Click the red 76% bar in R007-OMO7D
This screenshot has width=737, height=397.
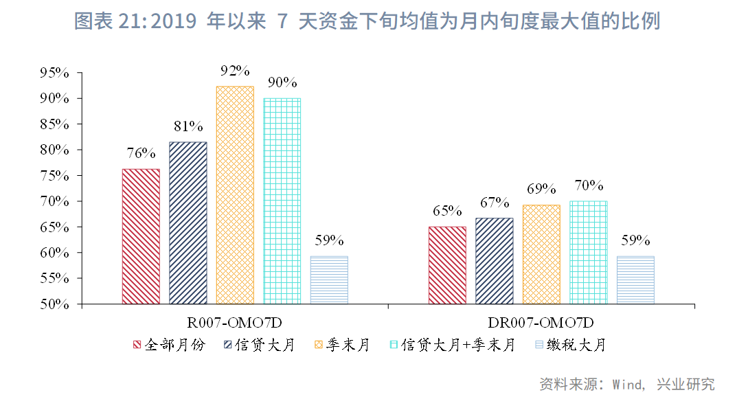pyautogui.click(x=141, y=236)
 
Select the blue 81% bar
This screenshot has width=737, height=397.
pyautogui.click(x=188, y=223)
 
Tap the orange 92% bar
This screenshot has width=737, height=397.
pyautogui.click(x=234, y=194)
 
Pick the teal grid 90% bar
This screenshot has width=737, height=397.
pyautogui.click(x=282, y=201)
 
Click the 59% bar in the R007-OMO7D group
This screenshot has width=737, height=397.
pyautogui.click(x=329, y=280)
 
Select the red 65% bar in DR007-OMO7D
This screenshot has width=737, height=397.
pyautogui.click(x=447, y=265)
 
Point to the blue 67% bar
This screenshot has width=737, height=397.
pyautogui.click(x=494, y=260)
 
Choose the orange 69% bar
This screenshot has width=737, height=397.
pyautogui.click(x=541, y=254)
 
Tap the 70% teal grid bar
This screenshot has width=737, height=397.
pyautogui.click(x=588, y=252)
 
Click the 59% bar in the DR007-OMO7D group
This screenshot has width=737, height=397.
pyautogui.click(x=635, y=280)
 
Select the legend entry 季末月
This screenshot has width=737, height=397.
pyautogui.click(x=348, y=345)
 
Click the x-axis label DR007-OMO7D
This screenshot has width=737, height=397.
pyautogui.click(x=541, y=323)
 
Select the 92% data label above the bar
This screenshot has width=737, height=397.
pyautogui.click(x=235, y=71)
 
